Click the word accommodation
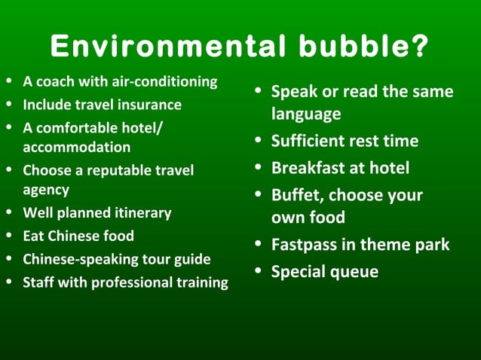click(x=76, y=148)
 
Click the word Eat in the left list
click(x=34, y=236)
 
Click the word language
click(x=305, y=114)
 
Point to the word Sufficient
click(x=308, y=142)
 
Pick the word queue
click(x=357, y=273)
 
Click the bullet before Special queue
click(x=259, y=271)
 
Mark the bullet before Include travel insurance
click(x=8, y=105)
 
